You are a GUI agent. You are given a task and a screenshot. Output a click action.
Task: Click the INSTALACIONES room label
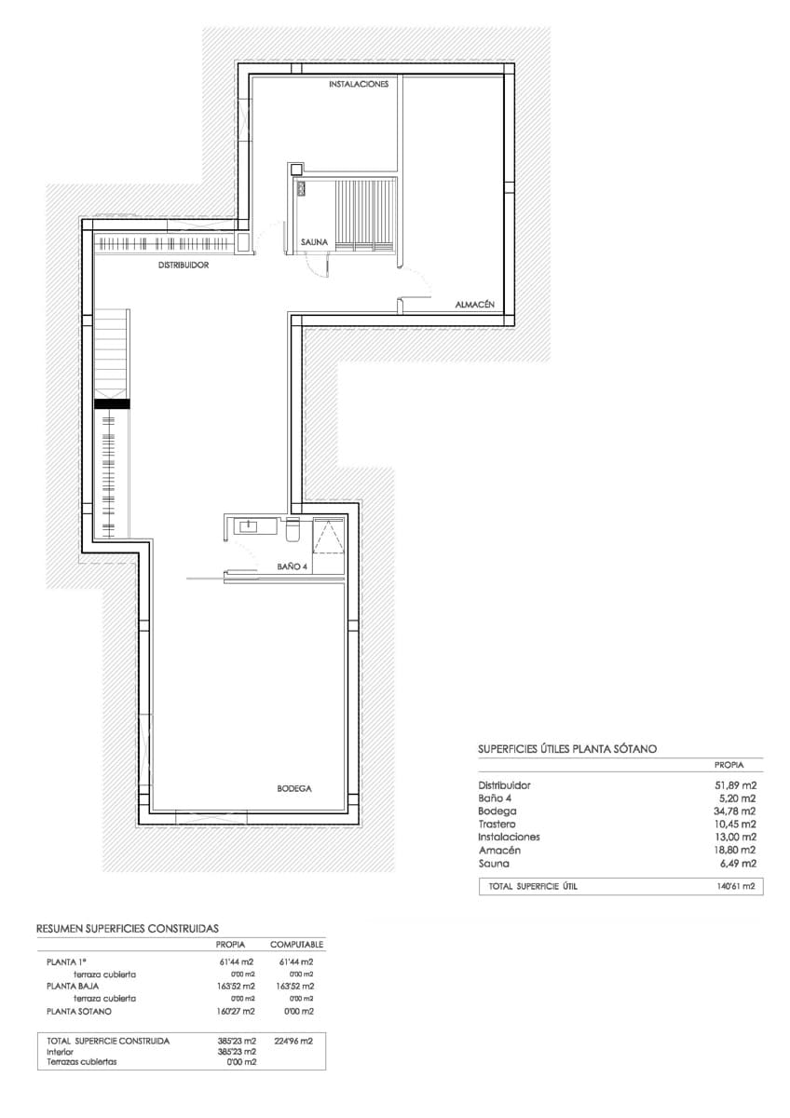pyautogui.click(x=358, y=85)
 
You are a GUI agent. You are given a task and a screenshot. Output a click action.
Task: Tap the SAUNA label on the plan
pyautogui.click(x=314, y=242)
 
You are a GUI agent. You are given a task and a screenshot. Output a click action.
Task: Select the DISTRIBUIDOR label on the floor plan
pyautogui.click(x=183, y=265)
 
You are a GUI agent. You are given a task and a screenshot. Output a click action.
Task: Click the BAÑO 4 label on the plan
pyautogui.click(x=292, y=566)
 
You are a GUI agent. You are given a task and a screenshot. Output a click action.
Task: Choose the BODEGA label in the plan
pyautogui.click(x=293, y=788)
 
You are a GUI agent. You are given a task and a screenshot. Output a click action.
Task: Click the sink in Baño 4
pyautogui.click(x=249, y=526)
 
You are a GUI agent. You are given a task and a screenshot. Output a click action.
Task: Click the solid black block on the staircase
pyautogui.click(x=111, y=403)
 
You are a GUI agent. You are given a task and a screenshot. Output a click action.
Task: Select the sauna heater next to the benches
pyautogui.click(x=302, y=188)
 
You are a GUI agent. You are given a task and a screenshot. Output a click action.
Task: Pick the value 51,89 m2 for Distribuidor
pyautogui.click(x=734, y=785)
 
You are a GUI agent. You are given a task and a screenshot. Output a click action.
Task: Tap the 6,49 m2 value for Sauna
pyautogui.click(x=737, y=864)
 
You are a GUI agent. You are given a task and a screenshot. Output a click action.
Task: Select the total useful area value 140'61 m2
pyautogui.click(x=734, y=887)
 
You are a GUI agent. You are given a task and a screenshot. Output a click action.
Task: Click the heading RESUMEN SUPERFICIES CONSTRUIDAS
pyautogui.click(x=127, y=929)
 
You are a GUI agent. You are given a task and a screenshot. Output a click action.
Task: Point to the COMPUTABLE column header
pyautogui.click(x=296, y=945)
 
